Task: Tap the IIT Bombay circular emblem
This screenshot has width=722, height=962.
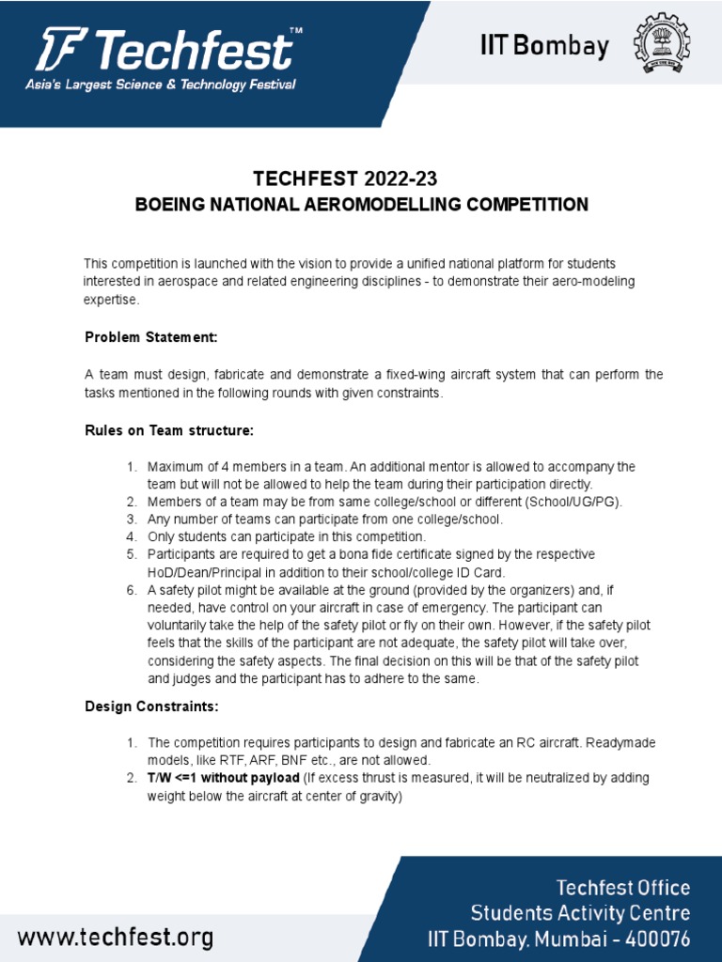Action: [x=667, y=45]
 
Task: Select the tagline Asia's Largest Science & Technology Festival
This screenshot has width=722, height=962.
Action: [x=161, y=85]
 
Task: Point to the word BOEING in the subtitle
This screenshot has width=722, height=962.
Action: [x=171, y=205]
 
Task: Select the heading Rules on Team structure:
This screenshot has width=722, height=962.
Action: [x=169, y=430]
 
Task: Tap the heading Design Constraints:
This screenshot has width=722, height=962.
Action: [x=150, y=706]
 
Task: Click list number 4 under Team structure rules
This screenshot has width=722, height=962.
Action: [x=133, y=536]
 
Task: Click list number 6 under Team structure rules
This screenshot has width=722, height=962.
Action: [x=133, y=590]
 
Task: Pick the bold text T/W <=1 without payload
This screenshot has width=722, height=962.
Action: [x=223, y=779]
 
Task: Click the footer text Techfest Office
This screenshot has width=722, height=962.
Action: [x=623, y=888]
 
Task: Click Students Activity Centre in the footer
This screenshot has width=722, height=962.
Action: [x=581, y=913]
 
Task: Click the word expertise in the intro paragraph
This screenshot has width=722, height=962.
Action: [x=111, y=300]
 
